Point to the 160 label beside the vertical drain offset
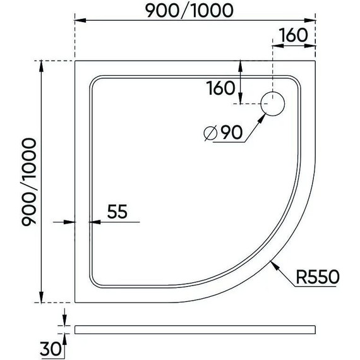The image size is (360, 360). tap(220, 88)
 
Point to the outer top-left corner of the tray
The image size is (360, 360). tap(75, 61)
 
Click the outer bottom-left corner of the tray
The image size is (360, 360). tap(75, 302)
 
